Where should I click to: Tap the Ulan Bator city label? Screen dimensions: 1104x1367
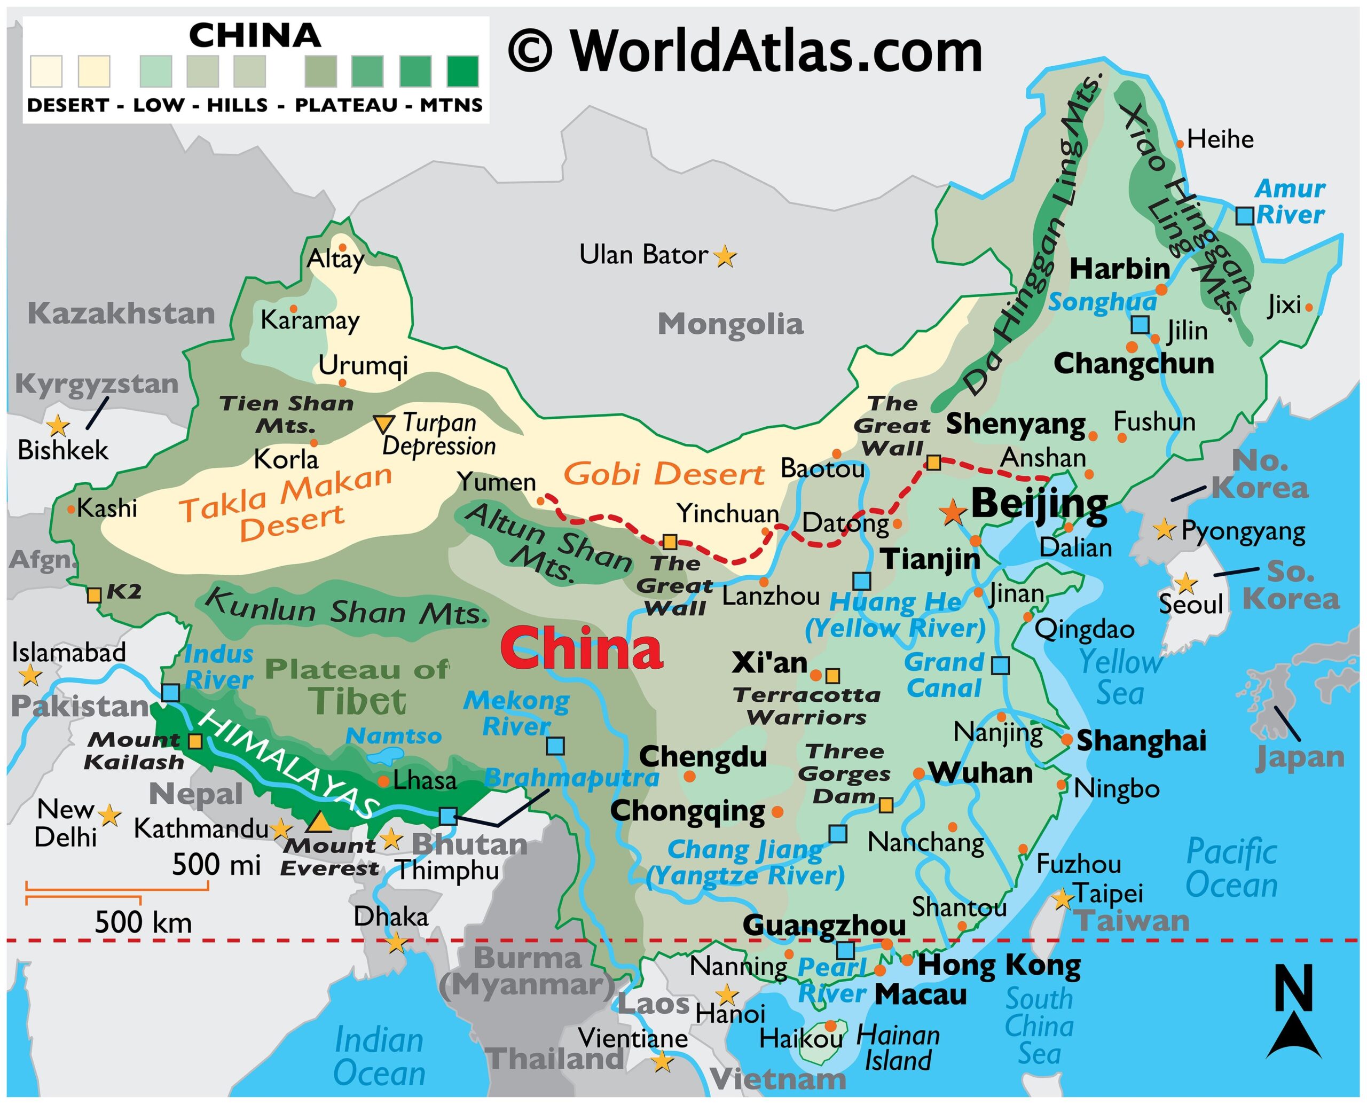point(643,255)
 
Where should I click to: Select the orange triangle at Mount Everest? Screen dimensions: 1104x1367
point(319,823)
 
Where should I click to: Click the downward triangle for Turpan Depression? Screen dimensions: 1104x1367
point(383,424)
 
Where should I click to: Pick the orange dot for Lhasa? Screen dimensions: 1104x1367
point(383,781)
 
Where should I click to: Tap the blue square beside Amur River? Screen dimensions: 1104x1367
point(1244,216)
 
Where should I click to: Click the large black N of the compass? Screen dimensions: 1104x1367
point(1293,988)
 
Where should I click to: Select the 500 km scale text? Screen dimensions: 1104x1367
point(143,922)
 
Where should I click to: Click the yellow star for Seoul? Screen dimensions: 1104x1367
point(1184,583)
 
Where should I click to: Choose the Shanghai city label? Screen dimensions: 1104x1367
point(1141,741)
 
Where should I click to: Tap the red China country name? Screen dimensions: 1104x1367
point(581,648)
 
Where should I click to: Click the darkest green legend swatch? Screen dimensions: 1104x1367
point(462,71)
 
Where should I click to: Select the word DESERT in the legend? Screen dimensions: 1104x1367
point(67,105)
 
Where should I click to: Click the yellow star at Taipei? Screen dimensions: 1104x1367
point(1063,899)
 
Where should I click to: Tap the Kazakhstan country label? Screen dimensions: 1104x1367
point(121,314)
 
